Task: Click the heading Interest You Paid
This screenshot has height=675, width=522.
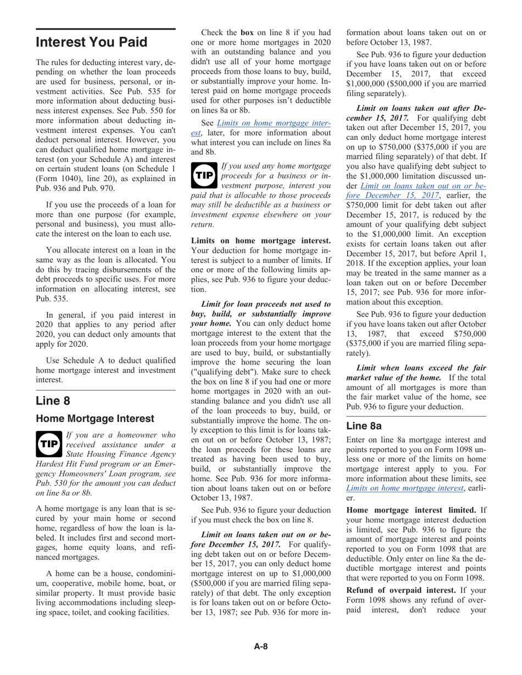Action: pos(91,42)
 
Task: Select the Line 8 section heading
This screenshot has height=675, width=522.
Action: pos(53,401)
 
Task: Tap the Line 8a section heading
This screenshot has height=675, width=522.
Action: pos(365,426)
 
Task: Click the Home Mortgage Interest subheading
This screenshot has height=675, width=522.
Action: pos(95,419)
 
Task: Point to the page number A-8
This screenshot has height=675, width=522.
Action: pos(260,646)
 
